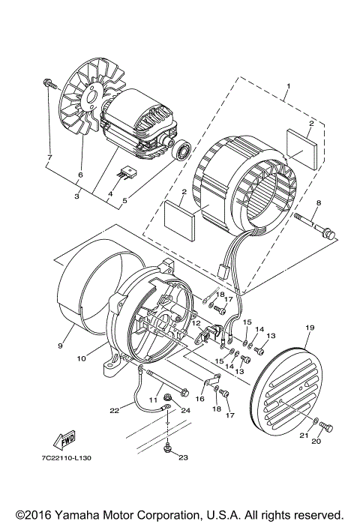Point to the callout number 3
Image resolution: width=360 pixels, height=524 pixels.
click(x=76, y=196)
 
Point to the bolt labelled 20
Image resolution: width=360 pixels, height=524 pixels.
click(x=325, y=427)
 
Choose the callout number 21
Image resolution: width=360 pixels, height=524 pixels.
click(x=305, y=436)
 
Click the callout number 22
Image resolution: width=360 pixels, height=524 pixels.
click(x=114, y=410)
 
